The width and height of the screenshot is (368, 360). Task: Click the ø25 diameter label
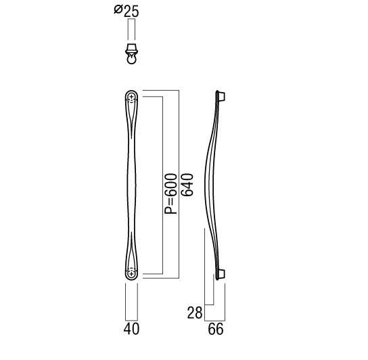127,11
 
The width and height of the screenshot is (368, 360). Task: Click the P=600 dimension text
170,194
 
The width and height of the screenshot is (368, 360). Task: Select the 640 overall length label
187,185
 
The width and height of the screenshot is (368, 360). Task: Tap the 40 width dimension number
131,329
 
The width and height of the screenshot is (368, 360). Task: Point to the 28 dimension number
195,313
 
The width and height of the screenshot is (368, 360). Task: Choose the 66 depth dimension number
216,329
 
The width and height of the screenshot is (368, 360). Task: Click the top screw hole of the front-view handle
131,97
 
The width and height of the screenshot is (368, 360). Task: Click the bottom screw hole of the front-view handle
131,273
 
